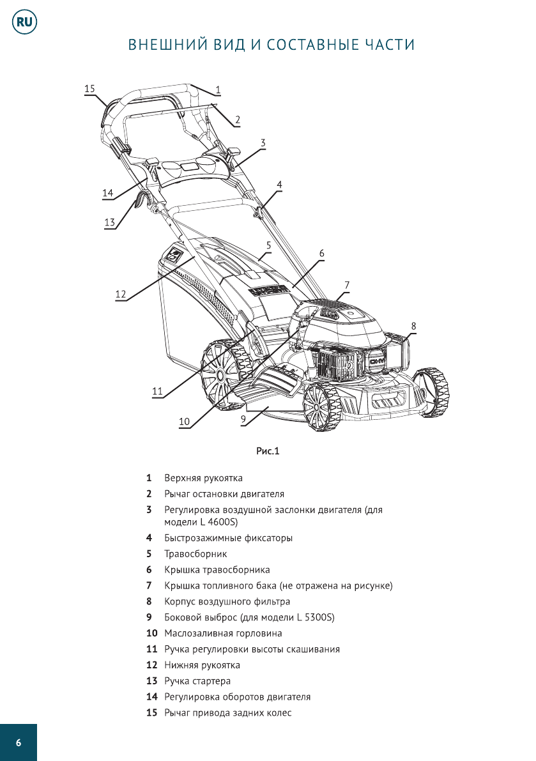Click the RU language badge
tap(24, 23)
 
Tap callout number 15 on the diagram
tap(89, 89)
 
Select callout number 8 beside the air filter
tap(413, 325)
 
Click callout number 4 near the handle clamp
tap(279, 183)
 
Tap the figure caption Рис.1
tap(268, 451)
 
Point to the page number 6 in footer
tap(19, 742)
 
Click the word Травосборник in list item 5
tap(195, 554)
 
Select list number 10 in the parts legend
tap(151, 633)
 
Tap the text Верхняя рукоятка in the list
tap(203, 478)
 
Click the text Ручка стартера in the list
tap(197, 681)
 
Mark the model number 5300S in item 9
tap(319, 618)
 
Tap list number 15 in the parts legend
tap(151, 712)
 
